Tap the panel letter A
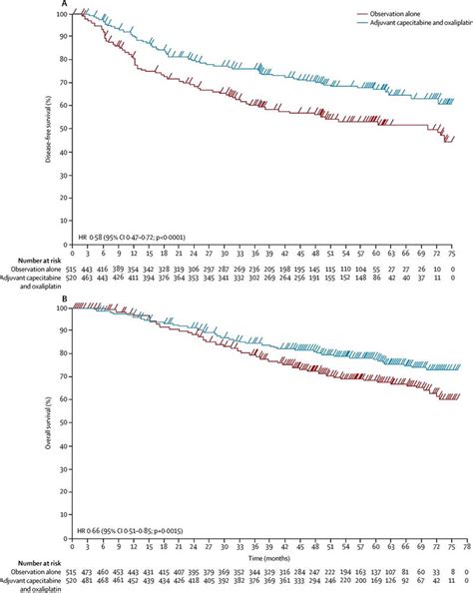[65, 4]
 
